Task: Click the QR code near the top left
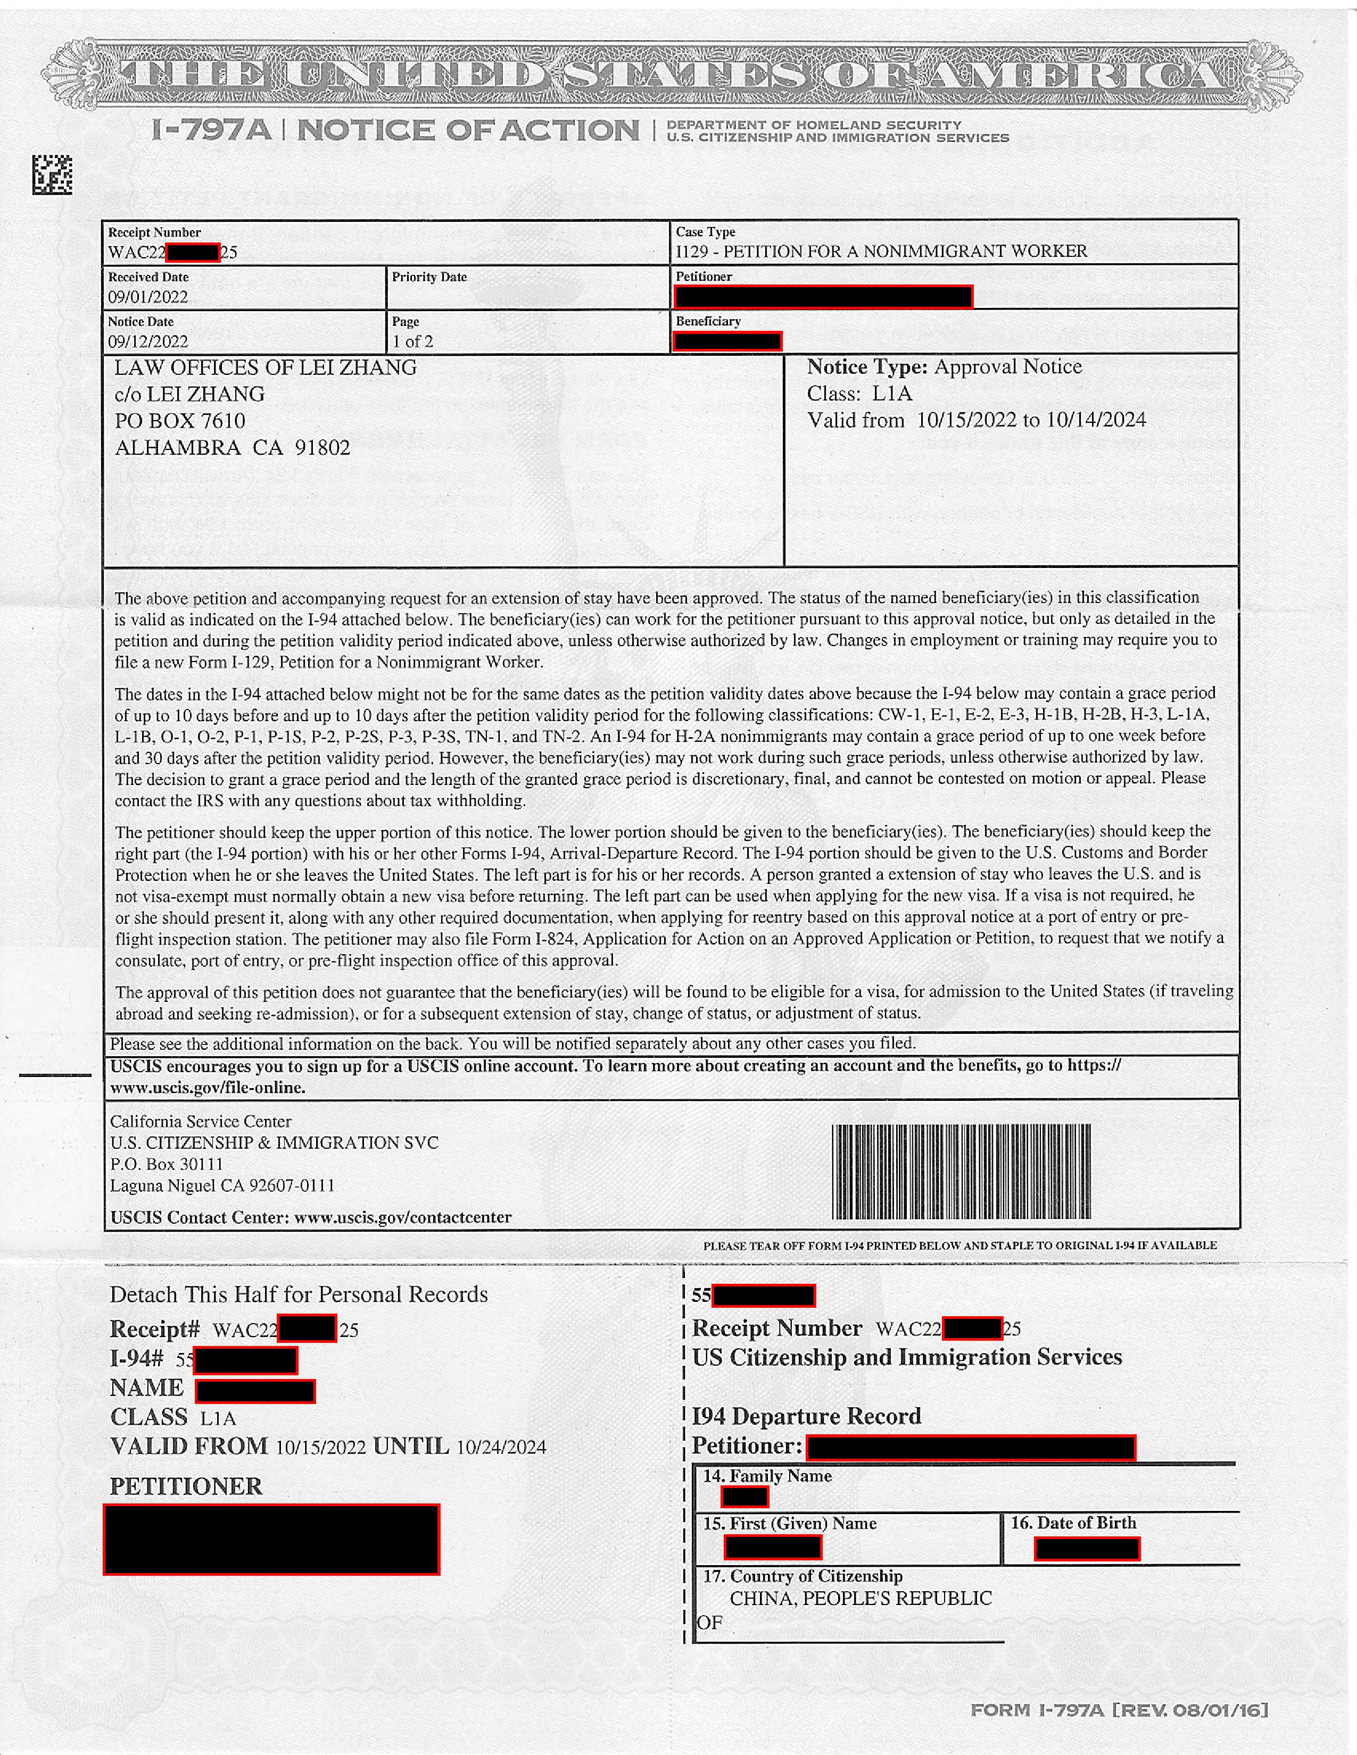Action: (52, 174)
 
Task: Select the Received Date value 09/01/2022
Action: (148, 297)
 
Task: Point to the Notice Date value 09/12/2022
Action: (148, 341)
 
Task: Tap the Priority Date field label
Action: (429, 277)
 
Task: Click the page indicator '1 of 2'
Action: (412, 341)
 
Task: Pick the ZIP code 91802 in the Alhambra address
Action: (322, 448)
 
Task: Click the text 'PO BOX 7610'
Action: (180, 421)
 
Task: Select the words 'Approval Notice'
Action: (1007, 367)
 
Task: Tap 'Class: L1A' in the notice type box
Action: (859, 394)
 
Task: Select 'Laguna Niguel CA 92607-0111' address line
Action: (222, 1185)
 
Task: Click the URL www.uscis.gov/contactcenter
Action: (402, 1217)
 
